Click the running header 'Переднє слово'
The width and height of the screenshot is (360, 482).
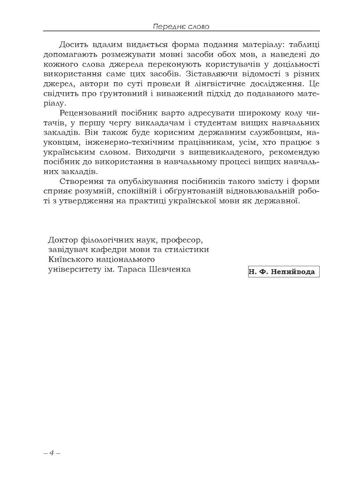tap(181, 26)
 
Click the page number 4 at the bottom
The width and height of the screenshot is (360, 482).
tap(51, 453)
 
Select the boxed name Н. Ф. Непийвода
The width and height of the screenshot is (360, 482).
tap(283, 271)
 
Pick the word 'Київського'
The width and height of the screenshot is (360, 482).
tap(73, 259)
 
